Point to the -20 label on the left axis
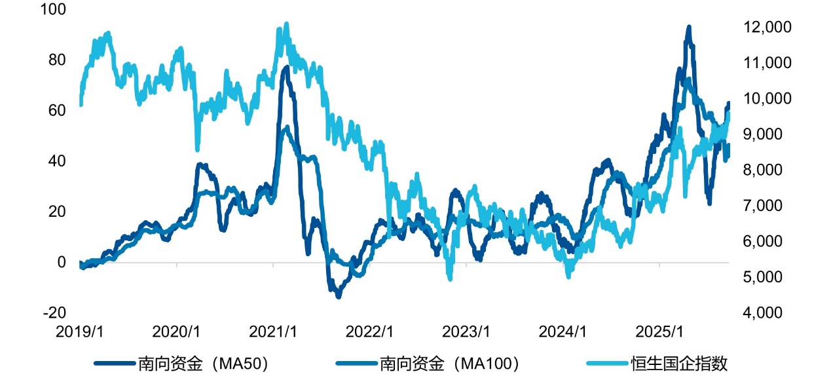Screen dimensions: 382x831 (x=54, y=313)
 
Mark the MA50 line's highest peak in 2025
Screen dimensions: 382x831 (x=688, y=28)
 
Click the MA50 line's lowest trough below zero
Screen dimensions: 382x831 (x=338, y=297)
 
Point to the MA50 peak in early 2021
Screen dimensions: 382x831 (x=285, y=67)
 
